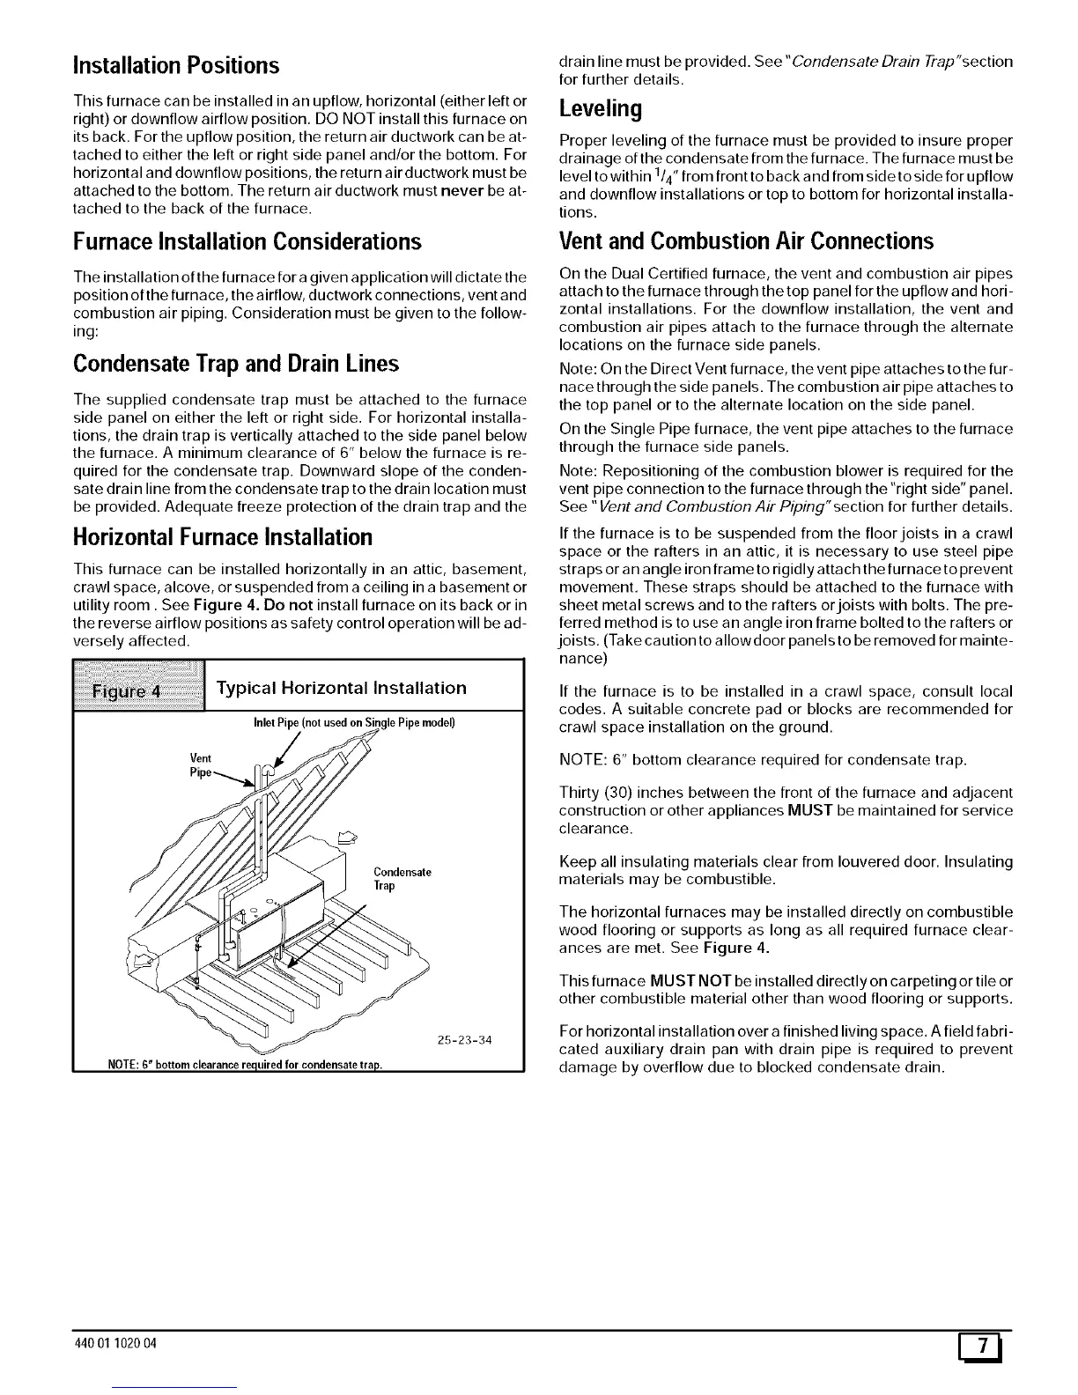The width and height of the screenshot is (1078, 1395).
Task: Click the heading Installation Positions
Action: pyautogui.click(x=176, y=65)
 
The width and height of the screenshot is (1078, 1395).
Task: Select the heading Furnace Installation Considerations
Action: pyautogui.click(x=247, y=240)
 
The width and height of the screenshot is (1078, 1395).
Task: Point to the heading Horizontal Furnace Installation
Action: pyautogui.click(x=223, y=536)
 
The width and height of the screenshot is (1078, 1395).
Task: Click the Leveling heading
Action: pyautogui.click(x=601, y=108)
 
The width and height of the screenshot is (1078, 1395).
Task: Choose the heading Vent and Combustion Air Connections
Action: pyautogui.click(x=746, y=240)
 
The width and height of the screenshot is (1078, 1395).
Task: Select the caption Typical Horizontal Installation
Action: pyautogui.click(x=342, y=688)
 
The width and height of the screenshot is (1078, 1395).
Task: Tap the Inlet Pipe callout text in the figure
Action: pyautogui.click(x=353, y=723)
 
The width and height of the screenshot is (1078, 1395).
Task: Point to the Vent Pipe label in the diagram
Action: pyautogui.click(x=202, y=765)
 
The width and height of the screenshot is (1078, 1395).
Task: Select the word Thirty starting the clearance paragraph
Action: pyautogui.click(x=581, y=792)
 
